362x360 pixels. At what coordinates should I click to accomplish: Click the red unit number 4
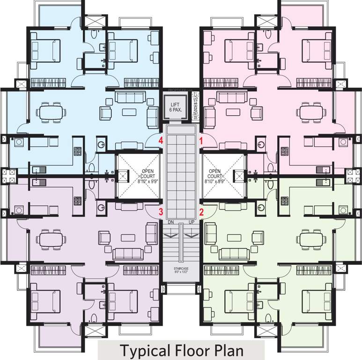click(161, 140)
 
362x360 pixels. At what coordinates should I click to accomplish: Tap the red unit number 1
click(202, 140)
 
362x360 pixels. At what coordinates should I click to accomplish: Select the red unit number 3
click(161, 211)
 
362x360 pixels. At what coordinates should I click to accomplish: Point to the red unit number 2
click(202, 211)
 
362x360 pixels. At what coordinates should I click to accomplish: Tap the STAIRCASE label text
click(180, 270)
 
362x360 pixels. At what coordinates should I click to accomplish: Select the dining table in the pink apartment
click(311, 112)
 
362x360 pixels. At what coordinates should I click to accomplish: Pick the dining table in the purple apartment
click(50, 240)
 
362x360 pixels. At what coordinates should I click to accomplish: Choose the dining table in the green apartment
click(311, 240)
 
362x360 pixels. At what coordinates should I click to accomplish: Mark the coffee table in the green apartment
click(234, 238)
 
